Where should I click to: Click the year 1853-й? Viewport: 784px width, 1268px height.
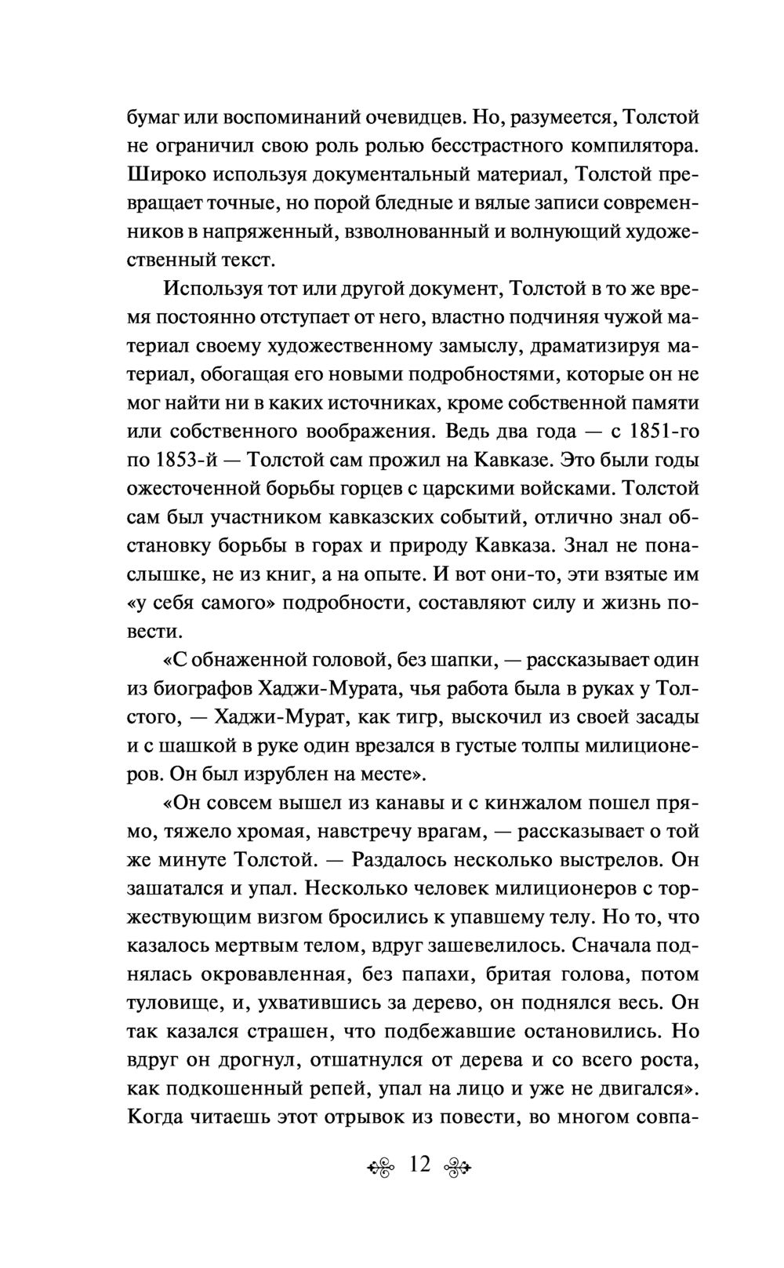171,460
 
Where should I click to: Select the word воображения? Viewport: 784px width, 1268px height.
350,431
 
